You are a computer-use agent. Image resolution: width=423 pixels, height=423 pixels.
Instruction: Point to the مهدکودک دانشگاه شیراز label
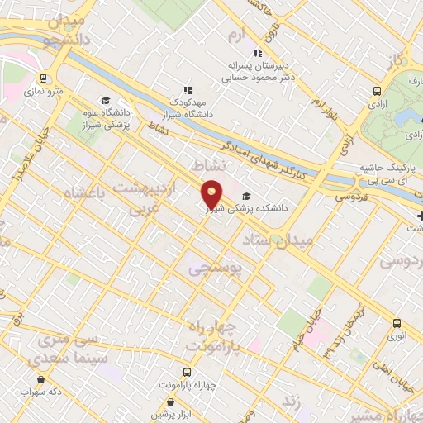pos(187,106)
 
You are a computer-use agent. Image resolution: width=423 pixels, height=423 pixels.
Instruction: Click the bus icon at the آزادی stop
pos(378,92)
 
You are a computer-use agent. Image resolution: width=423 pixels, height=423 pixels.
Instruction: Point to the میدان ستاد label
pos(278,240)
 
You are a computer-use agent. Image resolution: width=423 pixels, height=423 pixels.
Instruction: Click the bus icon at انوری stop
pos(397,323)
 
